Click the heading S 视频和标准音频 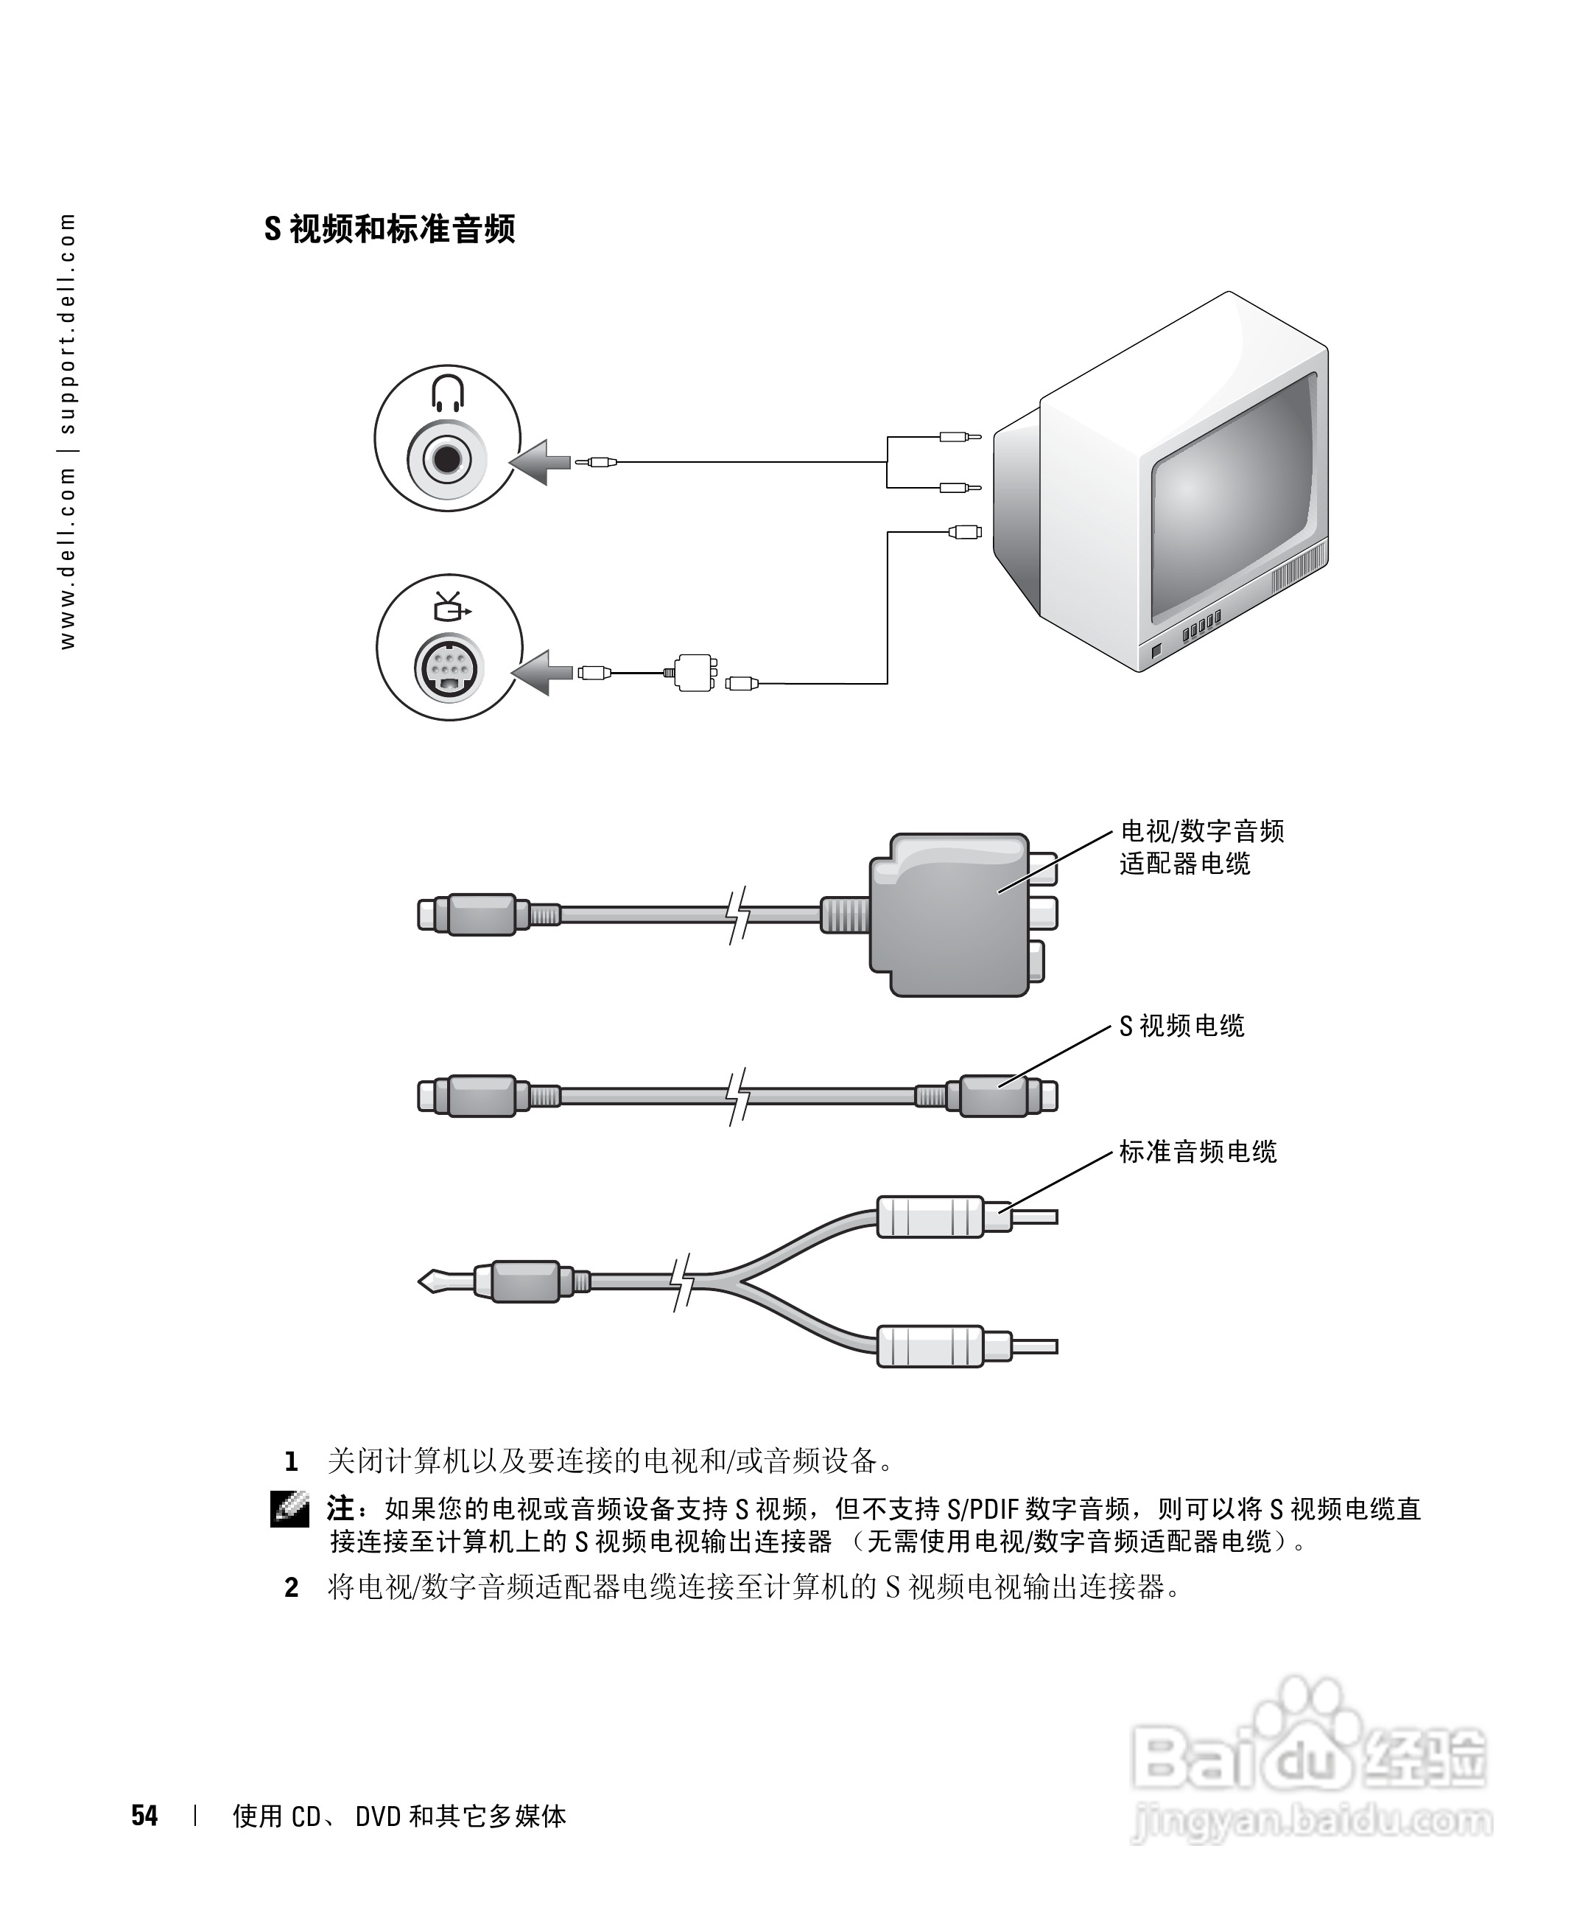click(389, 229)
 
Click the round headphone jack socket click(447, 459)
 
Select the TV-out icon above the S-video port click(451, 606)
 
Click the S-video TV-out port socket click(449, 671)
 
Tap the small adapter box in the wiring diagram click(695, 672)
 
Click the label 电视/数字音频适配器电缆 click(1200, 847)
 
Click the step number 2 click(291, 1588)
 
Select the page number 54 click(144, 1816)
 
